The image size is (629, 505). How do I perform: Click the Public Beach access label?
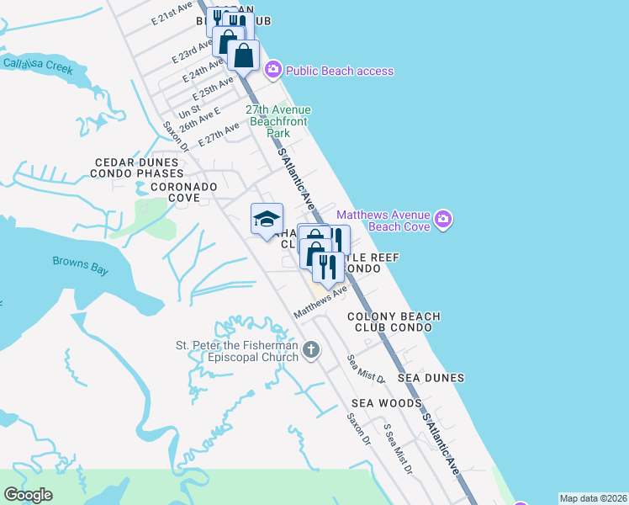(x=339, y=71)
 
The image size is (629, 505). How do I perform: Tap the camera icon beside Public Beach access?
(x=272, y=70)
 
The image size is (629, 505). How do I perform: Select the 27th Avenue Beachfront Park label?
(x=277, y=121)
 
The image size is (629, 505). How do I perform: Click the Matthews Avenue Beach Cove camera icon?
(x=443, y=221)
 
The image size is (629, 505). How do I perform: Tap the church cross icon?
(x=311, y=349)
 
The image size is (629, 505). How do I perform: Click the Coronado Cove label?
(x=184, y=192)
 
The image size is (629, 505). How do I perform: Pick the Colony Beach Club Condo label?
(x=394, y=322)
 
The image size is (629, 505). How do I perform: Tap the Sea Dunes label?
(x=431, y=379)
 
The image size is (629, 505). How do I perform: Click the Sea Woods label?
(x=386, y=404)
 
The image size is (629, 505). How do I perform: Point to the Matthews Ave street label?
(x=320, y=303)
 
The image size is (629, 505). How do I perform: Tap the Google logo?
(x=28, y=495)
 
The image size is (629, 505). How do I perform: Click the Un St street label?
(x=189, y=110)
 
